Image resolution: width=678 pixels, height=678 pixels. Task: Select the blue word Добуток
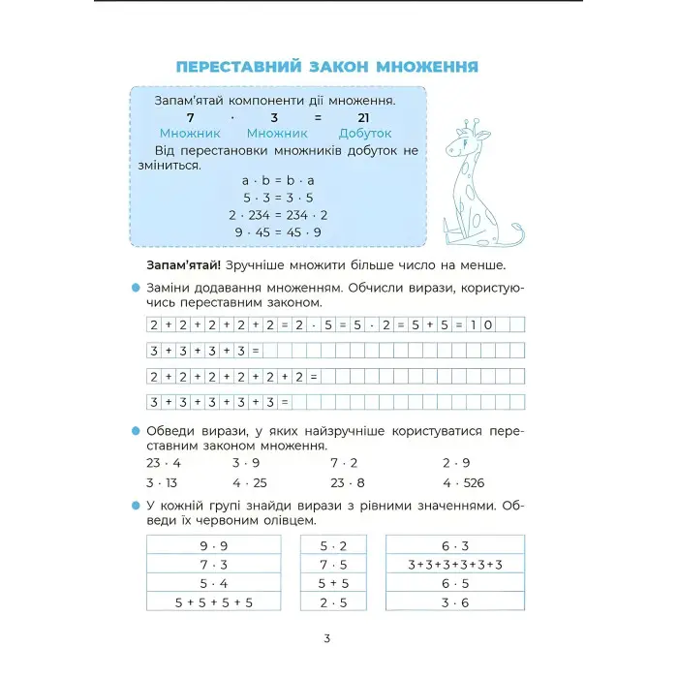pyautogui.click(x=364, y=134)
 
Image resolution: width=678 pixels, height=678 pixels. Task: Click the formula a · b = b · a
pyautogui.click(x=277, y=180)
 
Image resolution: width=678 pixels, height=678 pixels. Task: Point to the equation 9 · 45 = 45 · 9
pyautogui.click(x=277, y=232)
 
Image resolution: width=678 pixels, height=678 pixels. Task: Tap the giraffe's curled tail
pyautogui.click(x=508, y=233)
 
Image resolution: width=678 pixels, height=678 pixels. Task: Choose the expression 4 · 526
pyautogui.click(x=463, y=482)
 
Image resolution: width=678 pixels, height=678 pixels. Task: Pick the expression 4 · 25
pyautogui.click(x=250, y=482)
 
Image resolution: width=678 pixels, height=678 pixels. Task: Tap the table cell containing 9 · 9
pyautogui.click(x=214, y=545)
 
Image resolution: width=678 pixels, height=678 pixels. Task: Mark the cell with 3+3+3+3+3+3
pyautogui.click(x=455, y=565)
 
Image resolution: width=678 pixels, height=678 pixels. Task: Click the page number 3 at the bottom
pyautogui.click(x=327, y=638)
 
